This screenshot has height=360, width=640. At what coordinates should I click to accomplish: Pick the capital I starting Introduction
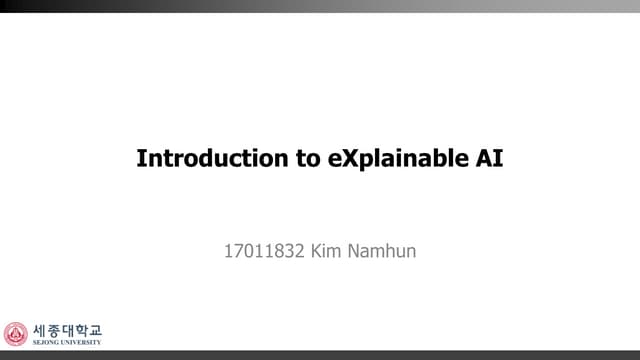pyautogui.click(x=140, y=158)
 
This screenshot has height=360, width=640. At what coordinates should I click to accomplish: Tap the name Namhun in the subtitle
pyautogui.click(x=384, y=250)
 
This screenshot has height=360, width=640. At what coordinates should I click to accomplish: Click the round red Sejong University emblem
pyautogui.click(x=16, y=334)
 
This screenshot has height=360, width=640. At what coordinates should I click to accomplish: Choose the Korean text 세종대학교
pyautogui.click(x=66, y=329)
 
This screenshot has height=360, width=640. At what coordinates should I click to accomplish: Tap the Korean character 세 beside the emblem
pyautogui.click(x=40, y=329)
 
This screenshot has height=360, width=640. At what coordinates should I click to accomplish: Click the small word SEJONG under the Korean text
pyautogui.click(x=45, y=342)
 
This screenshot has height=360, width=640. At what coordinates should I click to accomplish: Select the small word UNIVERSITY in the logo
pyautogui.click(x=80, y=342)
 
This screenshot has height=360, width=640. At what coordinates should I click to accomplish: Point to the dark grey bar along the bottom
pyautogui.click(x=320, y=355)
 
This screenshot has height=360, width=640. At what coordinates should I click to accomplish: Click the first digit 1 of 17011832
pyautogui.click(x=228, y=250)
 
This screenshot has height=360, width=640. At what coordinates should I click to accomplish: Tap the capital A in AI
pyautogui.click(x=478, y=158)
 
